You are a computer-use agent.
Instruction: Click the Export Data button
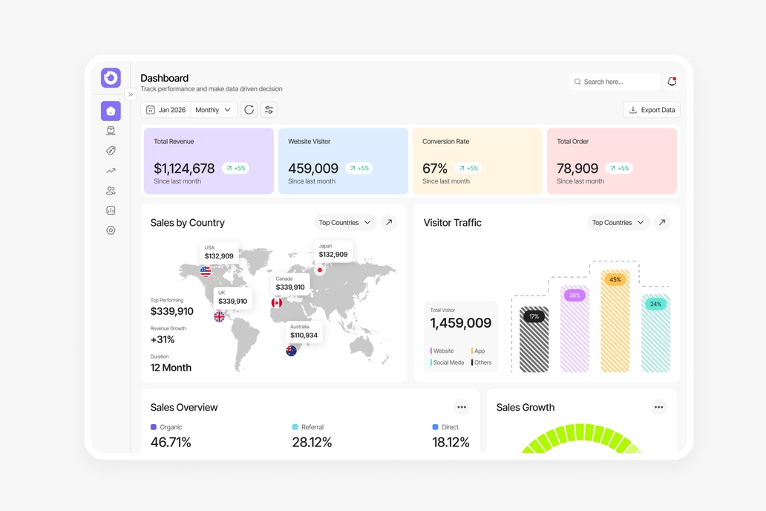pyautogui.click(x=652, y=110)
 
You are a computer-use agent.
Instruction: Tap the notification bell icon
pyautogui.click(x=672, y=82)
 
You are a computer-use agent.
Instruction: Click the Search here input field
pyautogui.click(x=614, y=82)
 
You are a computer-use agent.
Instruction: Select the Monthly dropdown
pyautogui.click(x=213, y=110)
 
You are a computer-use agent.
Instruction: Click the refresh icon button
pyautogui.click(x=249, y=110)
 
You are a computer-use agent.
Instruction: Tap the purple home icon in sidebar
pyautogui.click(x=111, y=111)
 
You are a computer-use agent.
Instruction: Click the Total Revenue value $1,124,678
pyautogui.click(x=184, y=169)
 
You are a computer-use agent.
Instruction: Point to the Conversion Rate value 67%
pyautogui.click(x=435, y=169)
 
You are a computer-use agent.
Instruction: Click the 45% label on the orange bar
pyautogui.click(x=615, y=280)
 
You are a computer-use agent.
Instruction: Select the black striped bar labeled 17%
pyautogui.click(x=534, y=339)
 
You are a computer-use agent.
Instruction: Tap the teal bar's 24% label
pyautogui.click(x=655, y=305)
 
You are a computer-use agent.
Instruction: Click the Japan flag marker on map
pyautogui.click(x=319, y=270)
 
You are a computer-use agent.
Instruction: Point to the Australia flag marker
pyautogui.click(x=291, y=351)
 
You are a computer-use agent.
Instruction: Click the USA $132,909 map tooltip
pyautogui.click(x=219, y=253)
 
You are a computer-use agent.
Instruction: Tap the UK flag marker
pyautogui.click(x=220, y=317)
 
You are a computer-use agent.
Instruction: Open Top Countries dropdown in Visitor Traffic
pyautogui.click(x=618, y=223)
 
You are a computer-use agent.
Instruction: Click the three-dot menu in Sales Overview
pyautogui.click(x=462, y=407)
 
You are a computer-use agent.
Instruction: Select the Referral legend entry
pyautogui.click(x=308, y=427)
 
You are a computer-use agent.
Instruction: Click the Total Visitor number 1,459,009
pyautogui.click(x=461, y=323)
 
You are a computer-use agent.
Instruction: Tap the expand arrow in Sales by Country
pyautogui.click(x=389, y=223)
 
